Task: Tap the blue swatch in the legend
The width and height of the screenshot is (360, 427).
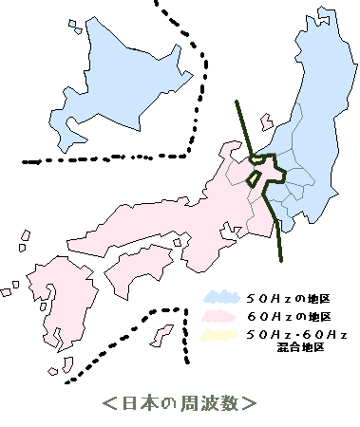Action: coord(220,296)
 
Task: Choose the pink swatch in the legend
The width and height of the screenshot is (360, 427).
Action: coord(220,315)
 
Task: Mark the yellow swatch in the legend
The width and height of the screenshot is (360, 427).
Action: coord(220,334)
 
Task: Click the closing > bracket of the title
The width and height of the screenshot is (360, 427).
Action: coord(248,402)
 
